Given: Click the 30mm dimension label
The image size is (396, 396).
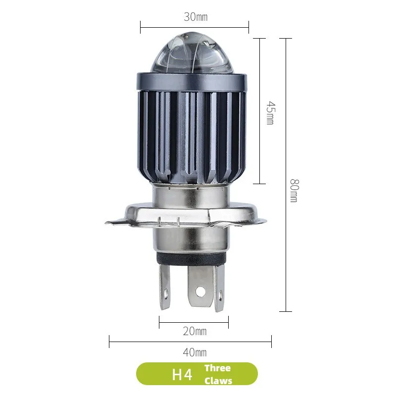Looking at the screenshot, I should point(196,17).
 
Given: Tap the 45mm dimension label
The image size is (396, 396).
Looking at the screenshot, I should point(270,113).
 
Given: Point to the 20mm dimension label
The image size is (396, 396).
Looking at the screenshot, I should point(195,331).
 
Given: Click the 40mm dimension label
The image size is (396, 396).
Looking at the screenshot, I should point(195,352).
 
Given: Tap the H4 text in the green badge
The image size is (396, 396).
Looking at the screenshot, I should point(182,374).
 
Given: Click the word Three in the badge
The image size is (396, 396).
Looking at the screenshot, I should point(218,368).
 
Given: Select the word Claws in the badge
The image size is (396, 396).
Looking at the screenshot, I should point(218,381).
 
